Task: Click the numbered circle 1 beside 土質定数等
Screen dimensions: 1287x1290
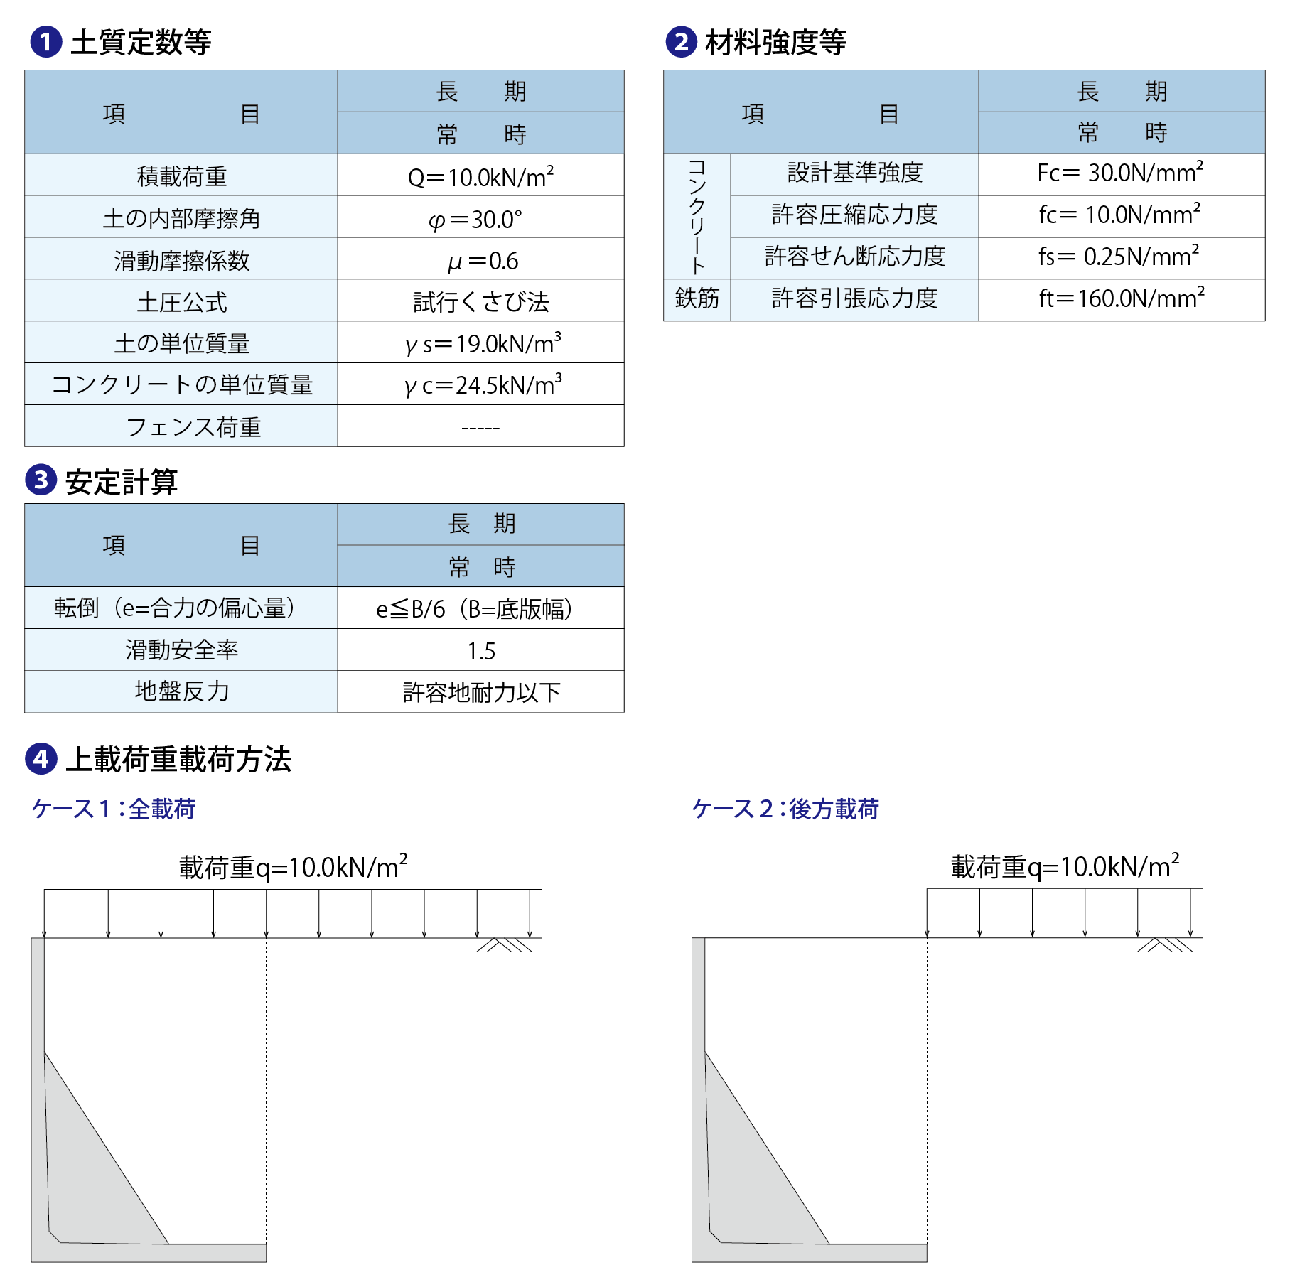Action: (45, 42)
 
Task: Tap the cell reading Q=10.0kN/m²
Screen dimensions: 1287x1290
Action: (480, 176)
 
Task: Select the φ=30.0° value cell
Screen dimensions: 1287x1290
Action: (480, 218)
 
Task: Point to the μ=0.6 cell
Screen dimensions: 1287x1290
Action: (480, 260)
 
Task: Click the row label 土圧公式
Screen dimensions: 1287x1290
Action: (181, 302)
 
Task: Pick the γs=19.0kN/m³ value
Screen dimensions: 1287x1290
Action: (480, 344)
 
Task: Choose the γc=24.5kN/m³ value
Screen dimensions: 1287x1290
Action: (480, 385)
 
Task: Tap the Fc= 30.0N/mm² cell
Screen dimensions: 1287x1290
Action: (1121, 173)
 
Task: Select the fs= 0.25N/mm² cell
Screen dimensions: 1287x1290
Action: (1121, 257)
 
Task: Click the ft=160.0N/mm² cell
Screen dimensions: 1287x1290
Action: (1121, 298)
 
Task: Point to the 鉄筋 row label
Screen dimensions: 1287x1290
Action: (697, 298)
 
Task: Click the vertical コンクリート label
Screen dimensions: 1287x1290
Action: (697, 216)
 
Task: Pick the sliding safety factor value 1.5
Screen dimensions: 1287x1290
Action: (480, 651)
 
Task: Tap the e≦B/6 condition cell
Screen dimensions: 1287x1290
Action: (480, 609)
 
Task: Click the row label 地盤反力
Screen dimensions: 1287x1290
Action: (181, 691)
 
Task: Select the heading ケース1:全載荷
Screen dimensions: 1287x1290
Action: (114, 809)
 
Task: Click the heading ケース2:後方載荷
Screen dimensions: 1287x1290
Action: (785, 809)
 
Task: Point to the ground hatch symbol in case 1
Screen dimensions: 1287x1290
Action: (504, 945)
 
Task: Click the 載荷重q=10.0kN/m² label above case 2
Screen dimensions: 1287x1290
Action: (1065, 867)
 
